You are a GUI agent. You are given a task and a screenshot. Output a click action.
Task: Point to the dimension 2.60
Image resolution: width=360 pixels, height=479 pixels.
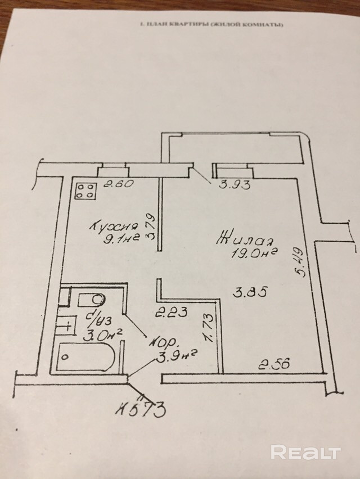pyautogui.click(x=114, y=183)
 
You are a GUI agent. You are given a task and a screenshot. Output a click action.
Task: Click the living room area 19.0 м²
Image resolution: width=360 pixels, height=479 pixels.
pyautogui.click(x=255, y=253)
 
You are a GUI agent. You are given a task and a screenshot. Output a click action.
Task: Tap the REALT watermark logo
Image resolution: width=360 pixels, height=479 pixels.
pyautogui.click(x=306, y=452)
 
